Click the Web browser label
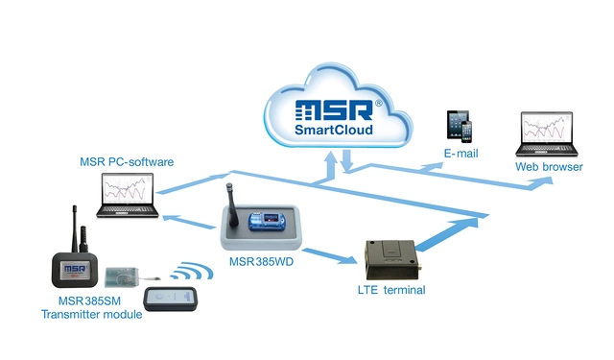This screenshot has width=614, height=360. click(549, 167)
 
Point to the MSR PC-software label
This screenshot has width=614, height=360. click(126, 161)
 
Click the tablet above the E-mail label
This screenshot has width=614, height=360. click(455, 125)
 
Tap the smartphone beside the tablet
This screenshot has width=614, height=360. click(471, 132)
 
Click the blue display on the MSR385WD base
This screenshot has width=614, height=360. click(264, 218)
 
